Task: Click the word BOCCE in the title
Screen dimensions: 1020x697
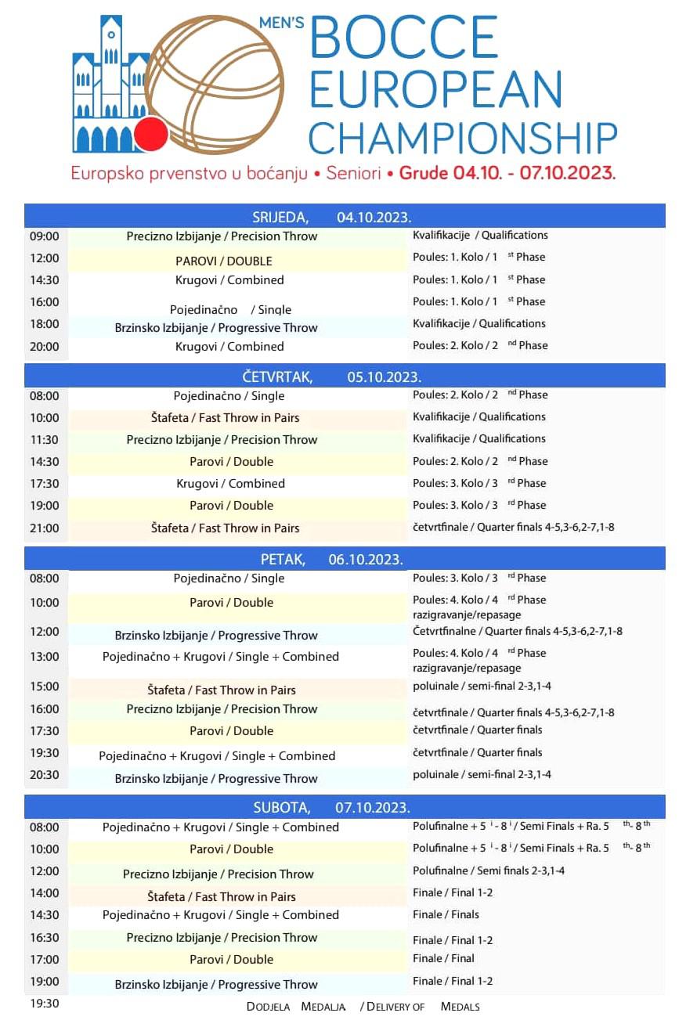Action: pos(404,38)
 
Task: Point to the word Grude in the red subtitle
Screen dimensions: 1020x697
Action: pos(424,174)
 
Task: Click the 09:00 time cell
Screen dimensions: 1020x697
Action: pos(45,236)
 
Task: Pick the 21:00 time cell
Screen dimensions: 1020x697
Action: pos(45,528)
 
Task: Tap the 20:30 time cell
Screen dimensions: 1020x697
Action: pos(45,778)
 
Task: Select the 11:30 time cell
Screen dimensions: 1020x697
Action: pos(45,440)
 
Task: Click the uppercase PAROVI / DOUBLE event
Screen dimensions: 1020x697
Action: pos(223,261)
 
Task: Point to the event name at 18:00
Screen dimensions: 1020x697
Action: pos(215,328)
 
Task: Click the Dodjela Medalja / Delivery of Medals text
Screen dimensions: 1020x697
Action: pos(363,1007)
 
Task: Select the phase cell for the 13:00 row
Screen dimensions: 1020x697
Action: pos(478,660)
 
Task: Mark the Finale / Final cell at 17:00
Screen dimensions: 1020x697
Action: pos(443,958)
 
